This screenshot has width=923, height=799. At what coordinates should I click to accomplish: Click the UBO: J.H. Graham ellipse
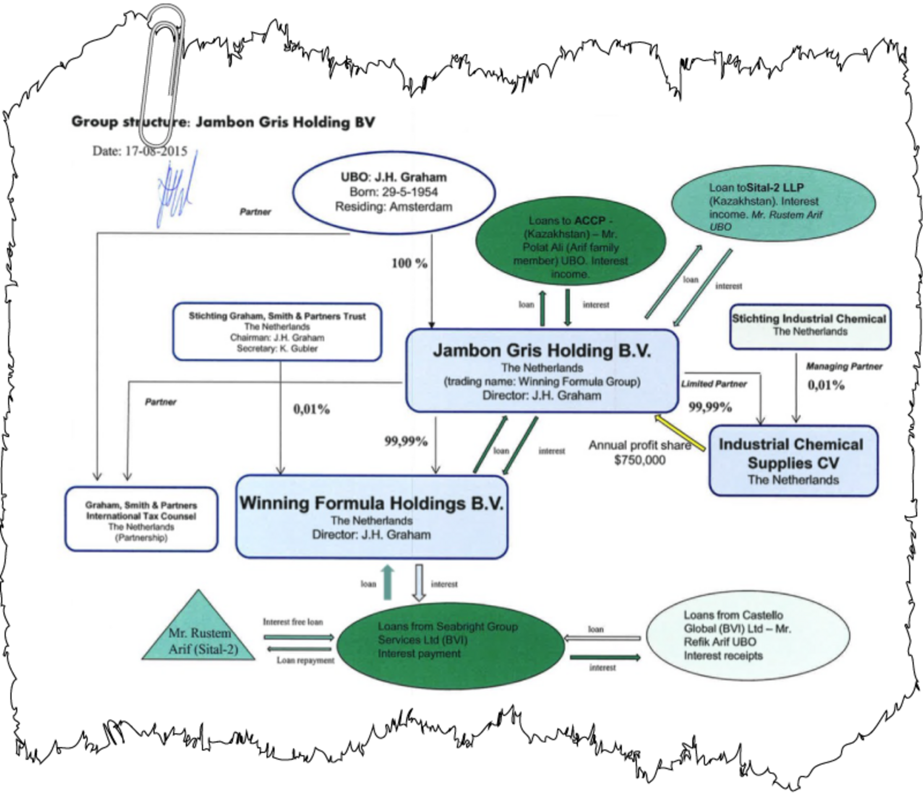point(394,192)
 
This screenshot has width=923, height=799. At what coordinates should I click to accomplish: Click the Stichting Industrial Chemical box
point(810,325)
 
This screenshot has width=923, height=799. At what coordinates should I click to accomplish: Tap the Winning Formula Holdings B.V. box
point(371,517)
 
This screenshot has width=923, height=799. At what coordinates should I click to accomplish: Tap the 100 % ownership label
point(409,264)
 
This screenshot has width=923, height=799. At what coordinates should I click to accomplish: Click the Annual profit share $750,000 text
point(639,453)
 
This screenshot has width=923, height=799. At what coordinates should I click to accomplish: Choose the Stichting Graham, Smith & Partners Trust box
point(277,332)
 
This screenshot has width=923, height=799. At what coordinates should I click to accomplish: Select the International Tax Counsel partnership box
point(141,519)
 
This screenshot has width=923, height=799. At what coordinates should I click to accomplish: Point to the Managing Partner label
point(844,366)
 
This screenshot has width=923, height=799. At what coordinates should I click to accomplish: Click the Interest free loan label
point(293,622)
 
